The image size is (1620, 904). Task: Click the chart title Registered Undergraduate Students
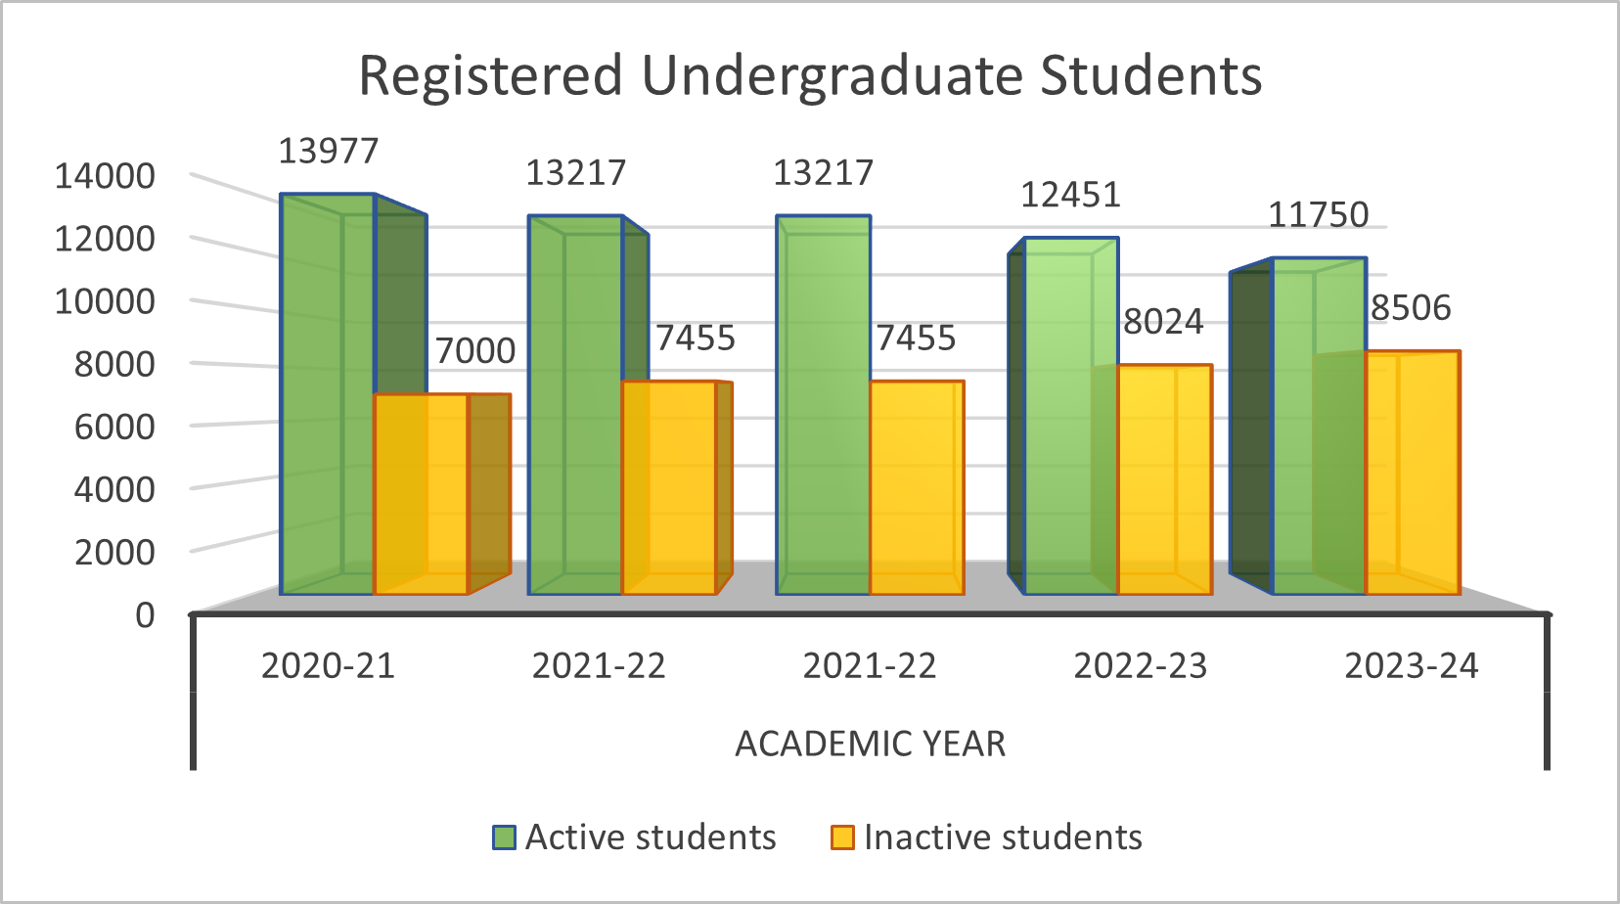click(810, 75)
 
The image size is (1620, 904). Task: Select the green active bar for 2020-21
click(327, 391)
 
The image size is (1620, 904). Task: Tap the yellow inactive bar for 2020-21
click(421, 494)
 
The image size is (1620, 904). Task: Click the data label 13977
click(328, 152)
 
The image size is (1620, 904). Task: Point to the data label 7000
click(474, 350)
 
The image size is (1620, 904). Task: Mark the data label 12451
click(1070, 195)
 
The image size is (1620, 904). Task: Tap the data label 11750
click(1318, 214)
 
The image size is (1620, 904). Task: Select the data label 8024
click(1162, 321)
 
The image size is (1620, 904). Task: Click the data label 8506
click(1410, 307)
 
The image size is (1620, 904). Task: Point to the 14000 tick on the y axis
click(105, 176)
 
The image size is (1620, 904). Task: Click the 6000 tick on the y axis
click(113, 427)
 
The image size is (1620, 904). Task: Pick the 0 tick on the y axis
click(145, 615)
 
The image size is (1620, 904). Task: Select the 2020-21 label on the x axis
click(328, 666)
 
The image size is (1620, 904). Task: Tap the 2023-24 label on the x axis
click(1411, 666)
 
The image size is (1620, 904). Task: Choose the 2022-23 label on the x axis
click(1140, 666)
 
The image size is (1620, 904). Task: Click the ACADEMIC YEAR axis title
click(870, 745)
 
